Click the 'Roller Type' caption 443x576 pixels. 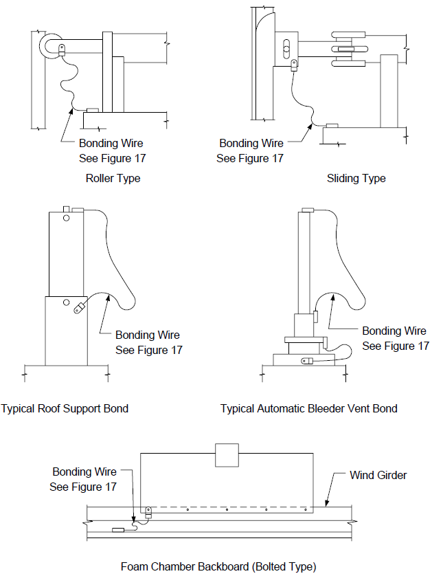pyautogui.click(x=113, y=179)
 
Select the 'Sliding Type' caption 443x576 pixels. pyautogui.click(x=356, y=179)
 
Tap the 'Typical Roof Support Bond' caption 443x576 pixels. pyautogui.click(x=65, y=409)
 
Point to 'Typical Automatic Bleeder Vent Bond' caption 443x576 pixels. pyautogui.click(x=309, y=409)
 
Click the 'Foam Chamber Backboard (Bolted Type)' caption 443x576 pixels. pyautogui.click(x=218, y=567)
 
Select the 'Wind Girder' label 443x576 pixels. pyautogui.click(x=378, y=476)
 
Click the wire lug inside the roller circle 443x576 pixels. pyautogui.click(x=62, y=49)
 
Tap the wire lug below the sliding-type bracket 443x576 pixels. pyautogui.click(x=294, y=65)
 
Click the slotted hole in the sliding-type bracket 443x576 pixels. pyautogui.click(x=287, y=49)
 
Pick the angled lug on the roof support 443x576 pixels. pyautogui.click(x=80, y=307)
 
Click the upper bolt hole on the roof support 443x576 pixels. pyautogui.click(x=67, y=218)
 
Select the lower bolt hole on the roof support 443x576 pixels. pyautogui.click(x=66, y=302)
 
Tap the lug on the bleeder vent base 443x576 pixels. pyautogui.click(x=307, y=361)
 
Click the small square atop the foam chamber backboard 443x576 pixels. pyautogui.click(x=227, y=455)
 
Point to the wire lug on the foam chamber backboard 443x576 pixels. pyautogui.click(x=148, y=512)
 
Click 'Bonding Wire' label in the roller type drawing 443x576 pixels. pyautogui.click(x=111, y=143)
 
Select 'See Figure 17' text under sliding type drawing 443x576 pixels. pyautogui.click(x=250, y=158)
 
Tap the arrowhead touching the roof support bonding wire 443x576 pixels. pyautogui.click(x=108, y=298)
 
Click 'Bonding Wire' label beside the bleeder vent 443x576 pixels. pyautogui.click(x=394, y=331)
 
